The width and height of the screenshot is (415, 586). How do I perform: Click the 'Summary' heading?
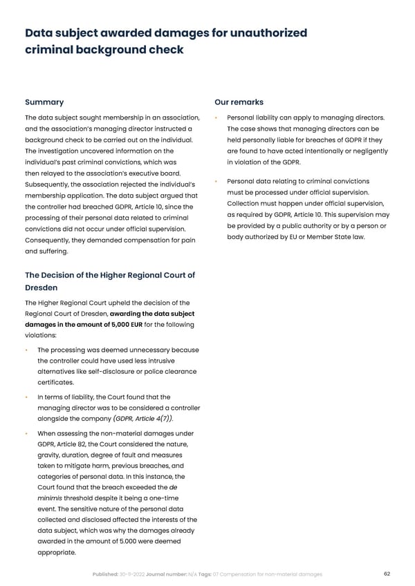pyautogui.click(x=44, y=102)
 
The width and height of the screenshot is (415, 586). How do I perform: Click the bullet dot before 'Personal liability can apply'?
pyautogui.click(x=218, y=117)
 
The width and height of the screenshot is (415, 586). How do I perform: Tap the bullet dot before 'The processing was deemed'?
pyautogui.click(x=27, y=350)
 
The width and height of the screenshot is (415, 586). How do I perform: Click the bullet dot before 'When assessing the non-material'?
pyautogui.click(x=27, y=433)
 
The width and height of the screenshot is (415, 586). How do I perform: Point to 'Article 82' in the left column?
pyautogui.click(x=75, y=444)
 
